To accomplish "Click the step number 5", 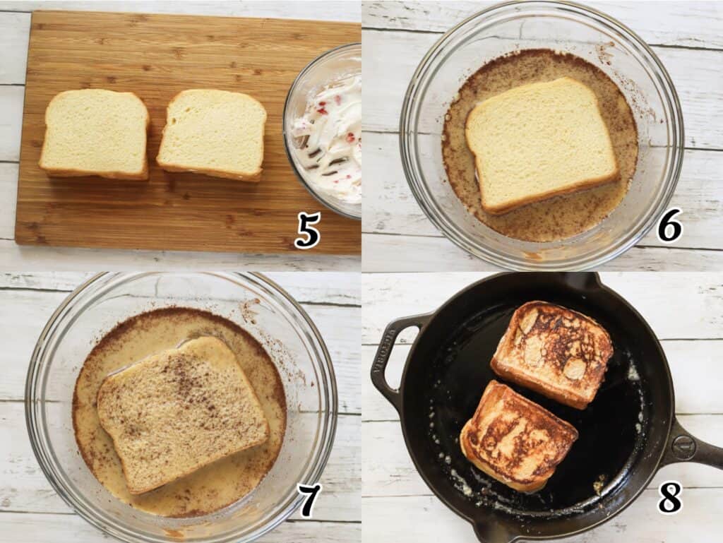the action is (307, 230).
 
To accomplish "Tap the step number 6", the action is (669, 226).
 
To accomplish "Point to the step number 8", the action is (669, 497).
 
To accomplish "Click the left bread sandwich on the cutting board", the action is (95, 133).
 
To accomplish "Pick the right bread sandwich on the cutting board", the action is (212, 135).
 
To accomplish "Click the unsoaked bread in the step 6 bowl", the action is (540, 144).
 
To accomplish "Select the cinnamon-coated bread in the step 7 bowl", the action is (181, 414).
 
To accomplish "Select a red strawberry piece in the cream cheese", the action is (351, 138).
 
